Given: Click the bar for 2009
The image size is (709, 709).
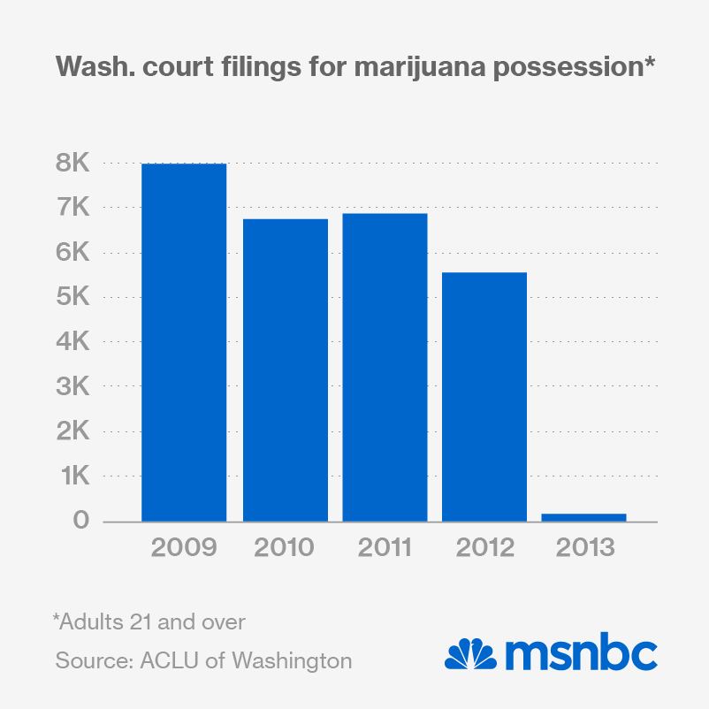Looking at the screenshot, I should pyautogui.click(x=184, y=342).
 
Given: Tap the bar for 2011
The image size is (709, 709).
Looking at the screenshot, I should pyautogui.click(x=385, y=367).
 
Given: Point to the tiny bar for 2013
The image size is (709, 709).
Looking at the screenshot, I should pyautogui.click(x=583, y=517).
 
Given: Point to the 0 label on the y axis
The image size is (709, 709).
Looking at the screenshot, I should pyautogui.click(x=81, y=521).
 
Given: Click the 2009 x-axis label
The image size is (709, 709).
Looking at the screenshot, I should pyautogui.click(x=184, y=548).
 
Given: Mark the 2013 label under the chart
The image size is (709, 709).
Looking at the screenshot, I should pyautogui.click(x=584, y=548).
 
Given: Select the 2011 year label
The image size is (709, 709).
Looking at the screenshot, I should pyautogui.click(x=385, y=548).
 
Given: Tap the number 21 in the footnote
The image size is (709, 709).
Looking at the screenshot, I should pyautogui.click(x=141, y=621).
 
